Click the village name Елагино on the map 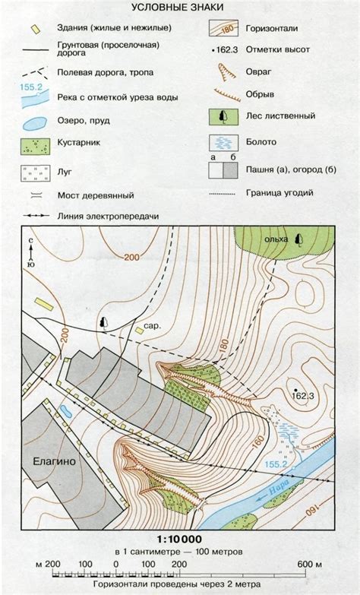(x=54, y=462)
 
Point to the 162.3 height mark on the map (x=305, y=396)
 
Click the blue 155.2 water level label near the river (x=276, y=464)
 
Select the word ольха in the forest (x=276, y=239)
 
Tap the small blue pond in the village (x=65, y=411)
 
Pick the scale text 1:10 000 (x=179, y=539)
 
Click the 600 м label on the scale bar (x=310, y=565)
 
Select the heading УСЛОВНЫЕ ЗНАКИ (x=177, y=7)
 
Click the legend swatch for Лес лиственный (x=223, y=117)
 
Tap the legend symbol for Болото (x=223, y=143)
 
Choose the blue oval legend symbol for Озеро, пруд (x=33, y=123)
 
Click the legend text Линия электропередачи (x=108, y=217)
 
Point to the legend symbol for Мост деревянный (x=34, y=196)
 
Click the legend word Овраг (x=258, y=71)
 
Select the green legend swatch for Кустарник (x=35, y=146)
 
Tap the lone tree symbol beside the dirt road (x=103, y=322)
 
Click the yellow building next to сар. (x=139, y=331)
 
